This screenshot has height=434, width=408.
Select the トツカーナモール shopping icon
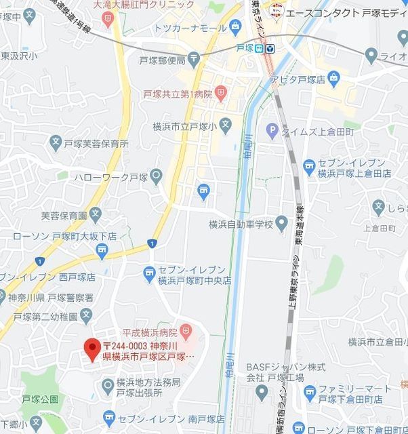234,27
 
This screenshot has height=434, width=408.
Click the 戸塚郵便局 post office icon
195,60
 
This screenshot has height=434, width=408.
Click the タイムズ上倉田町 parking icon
272,130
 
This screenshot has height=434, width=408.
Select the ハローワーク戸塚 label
121,178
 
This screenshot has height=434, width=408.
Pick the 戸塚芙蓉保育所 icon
56,143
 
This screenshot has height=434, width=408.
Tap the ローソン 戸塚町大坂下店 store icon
102,252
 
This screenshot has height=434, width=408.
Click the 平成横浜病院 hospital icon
186,332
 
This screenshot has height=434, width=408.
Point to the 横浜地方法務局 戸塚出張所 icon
107,386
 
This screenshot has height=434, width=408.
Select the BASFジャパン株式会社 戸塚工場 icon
262,392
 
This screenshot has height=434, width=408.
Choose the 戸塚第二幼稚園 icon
85,315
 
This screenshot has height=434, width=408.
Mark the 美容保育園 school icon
96,215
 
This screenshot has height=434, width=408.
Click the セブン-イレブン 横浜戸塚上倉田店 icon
309,165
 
